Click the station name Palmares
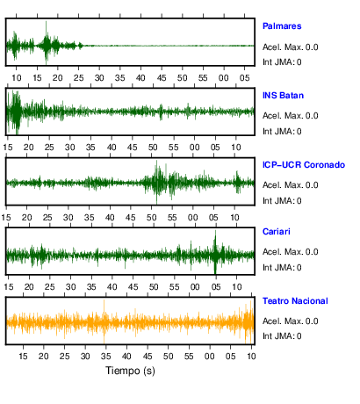[x=282, y=26]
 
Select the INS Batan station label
[x=283, y=96]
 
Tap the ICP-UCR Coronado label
[x=304, y=165]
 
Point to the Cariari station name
[x=277, y=232]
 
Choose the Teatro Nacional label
[x=295, y=301]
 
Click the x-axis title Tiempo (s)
[x=130, y=371]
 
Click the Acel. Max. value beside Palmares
[x=290, y=47]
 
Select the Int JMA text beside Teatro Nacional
[x=282, y=335]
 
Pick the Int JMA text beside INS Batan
[x=282, y=132]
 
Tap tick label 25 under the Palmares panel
[x=78, y=78]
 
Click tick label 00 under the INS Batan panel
[x=194, y=147]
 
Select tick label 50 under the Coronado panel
[x=152, y=218]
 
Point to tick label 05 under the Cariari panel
[x=216, y=286]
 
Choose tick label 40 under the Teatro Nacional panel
[x=126, y=357]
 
